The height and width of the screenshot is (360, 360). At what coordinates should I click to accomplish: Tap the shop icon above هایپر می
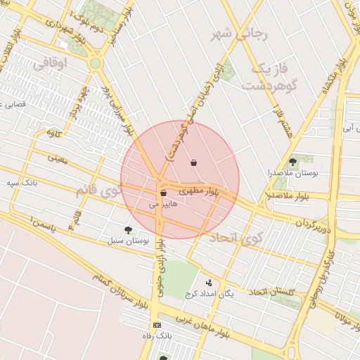(x=163, y=193)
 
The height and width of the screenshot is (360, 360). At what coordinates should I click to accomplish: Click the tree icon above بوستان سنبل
(x=128, y=230)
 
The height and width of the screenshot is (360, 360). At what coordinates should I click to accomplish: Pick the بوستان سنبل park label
(x=129, y=241)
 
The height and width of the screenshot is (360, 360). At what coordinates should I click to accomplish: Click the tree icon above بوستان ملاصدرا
(x=292, y=162)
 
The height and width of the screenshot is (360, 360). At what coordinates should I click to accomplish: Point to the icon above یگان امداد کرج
(x=208, y=283)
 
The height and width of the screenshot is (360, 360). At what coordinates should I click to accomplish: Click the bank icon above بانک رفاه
(x=156, y=325)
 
